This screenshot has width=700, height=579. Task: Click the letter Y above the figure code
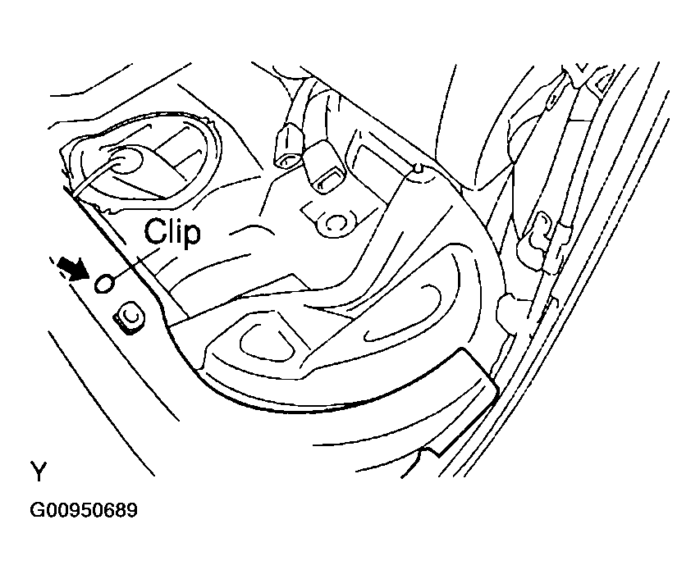pyautogui.click(x=39, y=472)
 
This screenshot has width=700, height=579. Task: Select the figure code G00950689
pyautogui.click(x=85, y=511)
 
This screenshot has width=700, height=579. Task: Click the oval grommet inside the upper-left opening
pyautogui.click(x=125, y=160)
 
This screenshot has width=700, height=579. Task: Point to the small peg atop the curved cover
pyautogui.click(x=419, y=170)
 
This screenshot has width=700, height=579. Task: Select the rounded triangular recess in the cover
pyautogui.click(x=267, y=340)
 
